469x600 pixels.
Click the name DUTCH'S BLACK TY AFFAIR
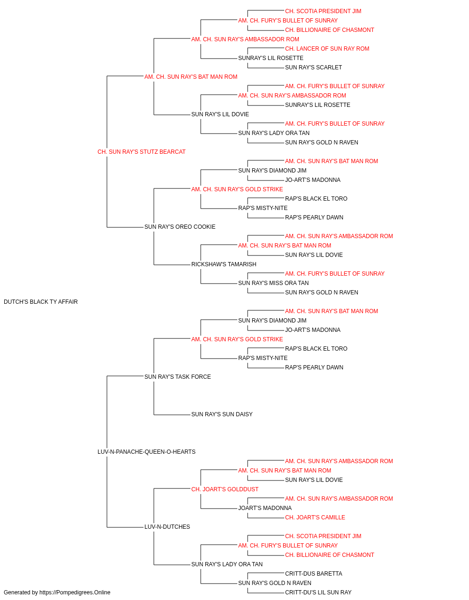(41, 302)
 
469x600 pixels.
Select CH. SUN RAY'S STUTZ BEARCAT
(142, 152)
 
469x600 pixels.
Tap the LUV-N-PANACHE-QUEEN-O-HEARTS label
(146, 452)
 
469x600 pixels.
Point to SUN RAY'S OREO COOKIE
(180, 227)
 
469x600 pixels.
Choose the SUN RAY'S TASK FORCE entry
(178, 376)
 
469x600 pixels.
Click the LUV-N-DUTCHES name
(167, 526)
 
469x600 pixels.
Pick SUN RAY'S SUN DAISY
(222, 414)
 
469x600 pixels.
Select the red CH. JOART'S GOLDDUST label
(225, 489)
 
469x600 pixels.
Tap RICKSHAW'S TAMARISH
(224, 264)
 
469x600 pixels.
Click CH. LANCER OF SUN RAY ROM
(327, 49)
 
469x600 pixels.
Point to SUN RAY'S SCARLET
(313, 67)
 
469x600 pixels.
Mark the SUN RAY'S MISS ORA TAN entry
(273, 283)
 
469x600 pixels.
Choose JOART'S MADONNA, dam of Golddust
(265, 508)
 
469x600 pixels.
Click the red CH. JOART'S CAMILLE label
(315, 517)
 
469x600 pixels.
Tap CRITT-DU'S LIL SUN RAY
(318, 592)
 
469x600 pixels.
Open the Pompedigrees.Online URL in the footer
(75, 592)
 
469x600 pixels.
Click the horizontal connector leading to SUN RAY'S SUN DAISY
(172, 415)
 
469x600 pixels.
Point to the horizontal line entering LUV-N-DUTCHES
(125, 527)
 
